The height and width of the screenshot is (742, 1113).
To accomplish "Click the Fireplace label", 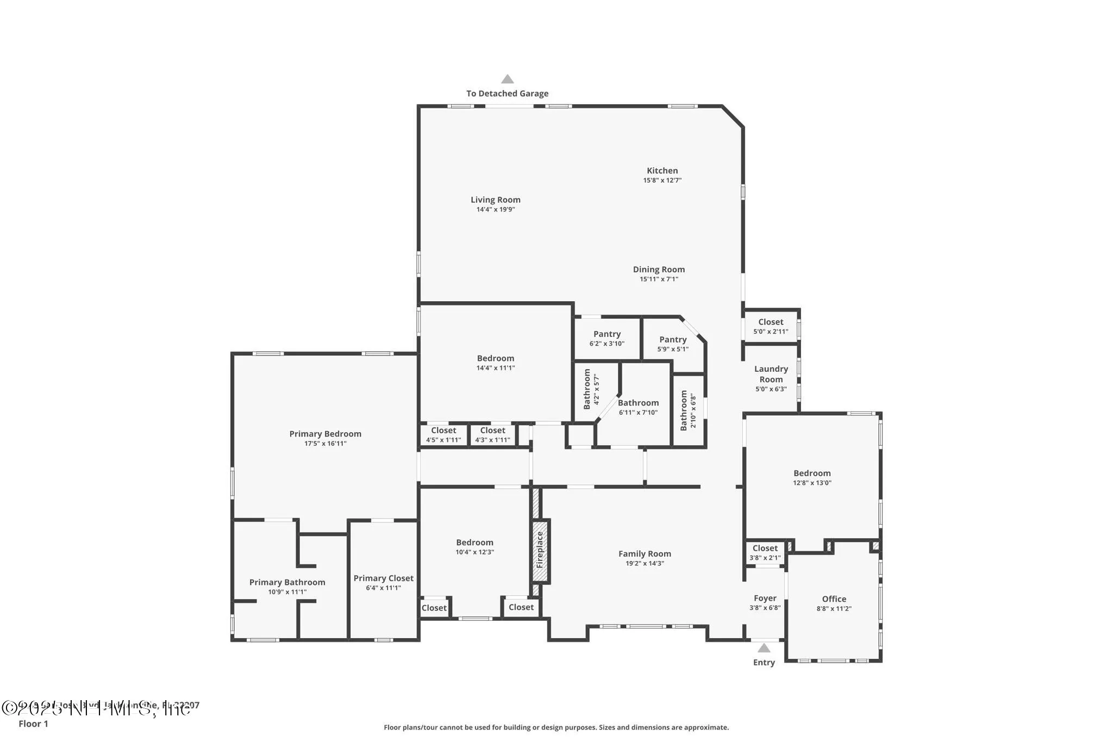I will (x=540, y=550).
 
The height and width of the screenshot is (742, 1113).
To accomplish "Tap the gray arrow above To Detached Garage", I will (x=507, y=79).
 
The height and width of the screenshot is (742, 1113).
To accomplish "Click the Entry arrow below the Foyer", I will (x=764, y=648).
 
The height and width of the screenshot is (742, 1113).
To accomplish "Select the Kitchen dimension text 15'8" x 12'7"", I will (x=662, y=180).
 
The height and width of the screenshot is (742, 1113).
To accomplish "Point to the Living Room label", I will (x=495, y=199).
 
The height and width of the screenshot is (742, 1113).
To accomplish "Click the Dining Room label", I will (x=659, y=270).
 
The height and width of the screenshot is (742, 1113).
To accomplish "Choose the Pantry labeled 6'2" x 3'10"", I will (x=606, y=334).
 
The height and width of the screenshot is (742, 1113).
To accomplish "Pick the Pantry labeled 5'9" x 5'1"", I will (x=673, y=340).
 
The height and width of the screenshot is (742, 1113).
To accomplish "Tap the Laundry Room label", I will (x=771, y=374).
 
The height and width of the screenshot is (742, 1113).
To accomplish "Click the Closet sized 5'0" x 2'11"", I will (x=771, y=322).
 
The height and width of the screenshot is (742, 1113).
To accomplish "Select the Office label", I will (x=834, y=599).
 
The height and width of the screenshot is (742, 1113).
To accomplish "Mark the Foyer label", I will (x=765, y=598).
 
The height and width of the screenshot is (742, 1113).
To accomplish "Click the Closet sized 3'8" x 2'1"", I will (x=765, y=548).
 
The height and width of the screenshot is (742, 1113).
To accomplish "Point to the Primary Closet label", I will (x=383, y=578).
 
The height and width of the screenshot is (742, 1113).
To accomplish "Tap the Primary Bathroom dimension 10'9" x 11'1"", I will (x=287, y=592).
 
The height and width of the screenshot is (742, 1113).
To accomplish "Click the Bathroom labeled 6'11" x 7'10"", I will (x=638, y=403).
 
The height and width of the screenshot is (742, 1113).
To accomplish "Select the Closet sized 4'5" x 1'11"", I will (x=443, y=431).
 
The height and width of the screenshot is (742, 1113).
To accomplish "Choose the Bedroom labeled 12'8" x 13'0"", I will (x=812, y=473).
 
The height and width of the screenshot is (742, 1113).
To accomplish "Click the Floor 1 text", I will (x=33, y=724).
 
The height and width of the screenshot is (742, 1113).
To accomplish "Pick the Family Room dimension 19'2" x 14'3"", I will (x=645, y=564).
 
